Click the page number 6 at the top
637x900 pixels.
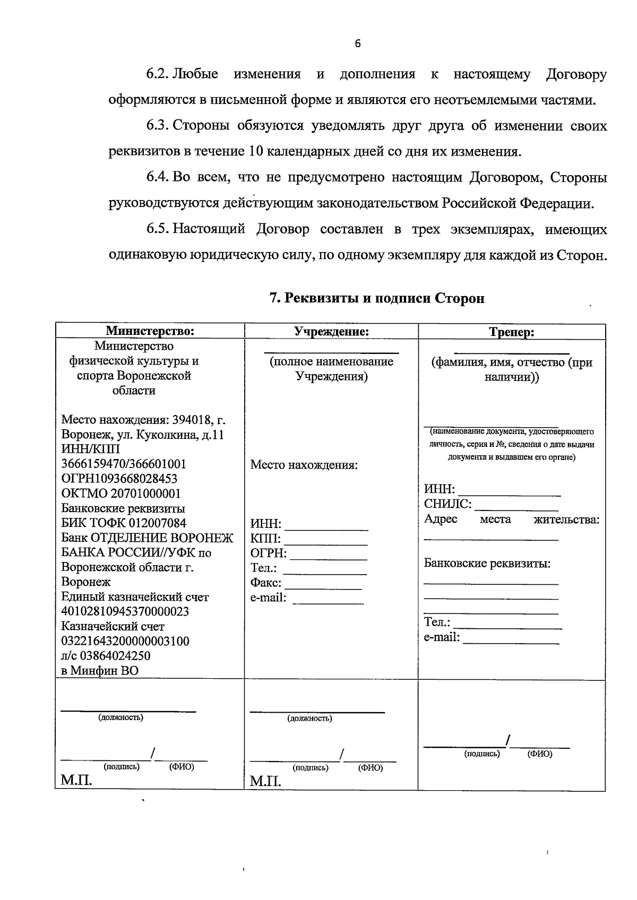pos(357,44)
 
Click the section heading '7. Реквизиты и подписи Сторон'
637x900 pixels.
pos(376,298)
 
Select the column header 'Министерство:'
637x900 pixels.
pos(150,332)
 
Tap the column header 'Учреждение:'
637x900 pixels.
pos(332,332)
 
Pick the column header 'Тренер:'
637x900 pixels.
pos(511,333)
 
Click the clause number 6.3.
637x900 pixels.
pos(158,126)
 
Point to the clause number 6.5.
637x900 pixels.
pos(158,229)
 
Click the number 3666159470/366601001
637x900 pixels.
pos(124,464)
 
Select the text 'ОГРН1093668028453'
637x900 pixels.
pos(119,479)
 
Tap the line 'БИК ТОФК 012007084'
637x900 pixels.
pos(124,523)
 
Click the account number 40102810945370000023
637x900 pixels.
pos(125,612)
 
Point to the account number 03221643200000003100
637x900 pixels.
pos(125,641)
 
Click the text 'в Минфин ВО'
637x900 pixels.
pos(100,671)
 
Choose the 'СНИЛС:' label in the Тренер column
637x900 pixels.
pos(447,504)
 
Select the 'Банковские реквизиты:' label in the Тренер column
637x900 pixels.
pos(487,564)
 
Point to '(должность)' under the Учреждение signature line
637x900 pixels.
pos(309,719)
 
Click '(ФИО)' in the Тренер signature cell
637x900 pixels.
pos(539,754)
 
